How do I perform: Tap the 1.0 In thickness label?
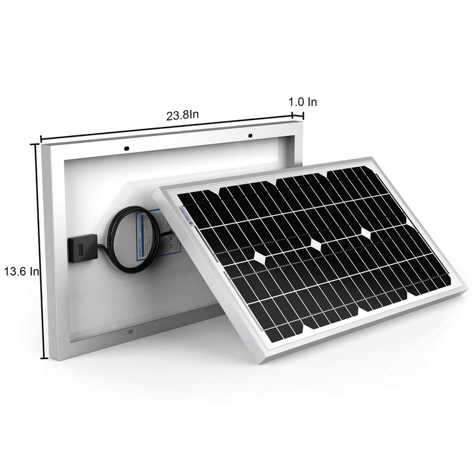[303, 102]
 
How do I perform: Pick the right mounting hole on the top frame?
[250, 136]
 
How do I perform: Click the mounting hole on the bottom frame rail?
[131, 332]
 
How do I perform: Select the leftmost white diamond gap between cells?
[261, 258]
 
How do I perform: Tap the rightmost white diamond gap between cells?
[366, 234]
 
